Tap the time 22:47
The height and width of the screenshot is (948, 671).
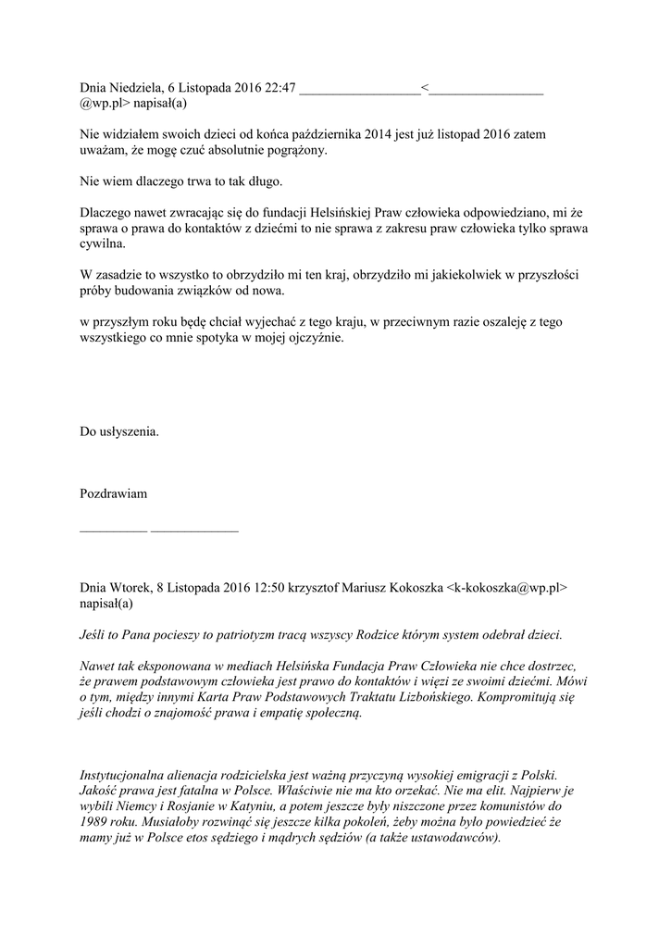278,88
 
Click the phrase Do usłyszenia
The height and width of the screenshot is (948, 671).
119,431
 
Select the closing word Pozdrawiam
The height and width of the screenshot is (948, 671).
114,493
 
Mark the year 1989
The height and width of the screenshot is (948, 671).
95,821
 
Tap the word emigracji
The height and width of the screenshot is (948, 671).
486,774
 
